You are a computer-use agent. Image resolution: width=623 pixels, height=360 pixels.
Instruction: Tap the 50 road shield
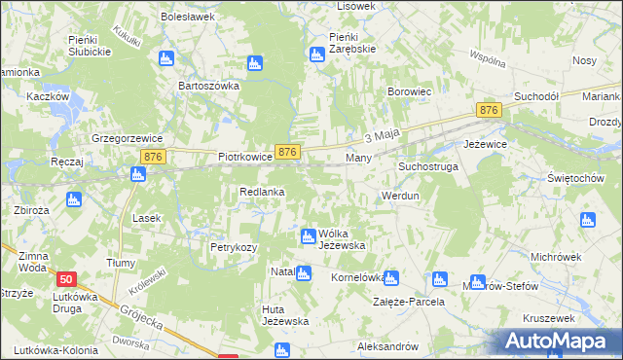pos(65,278)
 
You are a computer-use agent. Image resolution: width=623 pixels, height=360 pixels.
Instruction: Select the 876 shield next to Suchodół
pos(489,112)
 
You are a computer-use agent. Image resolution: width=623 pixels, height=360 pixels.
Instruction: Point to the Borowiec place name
pos(409,92)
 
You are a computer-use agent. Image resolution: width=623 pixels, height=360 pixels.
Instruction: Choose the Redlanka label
pos(262,192)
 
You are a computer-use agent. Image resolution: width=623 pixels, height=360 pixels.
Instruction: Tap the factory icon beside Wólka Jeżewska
pos(308,235)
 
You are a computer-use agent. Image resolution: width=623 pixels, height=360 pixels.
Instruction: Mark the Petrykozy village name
pos(234,247)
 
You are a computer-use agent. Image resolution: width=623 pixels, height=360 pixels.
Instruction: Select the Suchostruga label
pos(427,166)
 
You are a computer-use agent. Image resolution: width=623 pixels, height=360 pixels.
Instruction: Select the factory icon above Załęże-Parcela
pos(390,277)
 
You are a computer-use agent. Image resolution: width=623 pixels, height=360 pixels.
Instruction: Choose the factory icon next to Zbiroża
pos(73,199)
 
